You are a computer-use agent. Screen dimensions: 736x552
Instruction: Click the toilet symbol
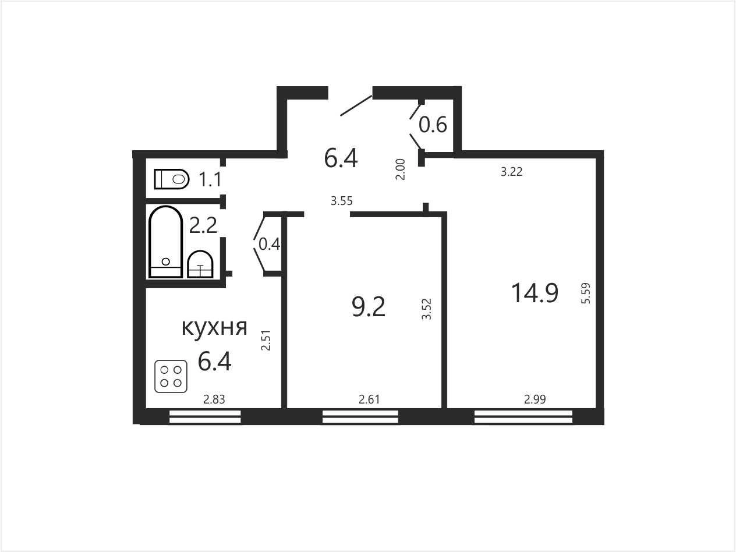click(x=172, y=179)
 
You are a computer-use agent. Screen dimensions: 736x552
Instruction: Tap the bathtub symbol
click(x=165, y=242)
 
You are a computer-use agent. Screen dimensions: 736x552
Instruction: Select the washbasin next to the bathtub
click(x=200, y=264)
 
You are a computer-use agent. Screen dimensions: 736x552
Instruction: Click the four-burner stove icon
click(x=171, y=376)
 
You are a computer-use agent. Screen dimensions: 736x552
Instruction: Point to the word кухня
click(x=215, y=327)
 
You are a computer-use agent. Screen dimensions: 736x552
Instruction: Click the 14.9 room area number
click(x=535, y=293)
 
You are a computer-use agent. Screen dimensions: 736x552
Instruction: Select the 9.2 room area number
click(x=369, y=307)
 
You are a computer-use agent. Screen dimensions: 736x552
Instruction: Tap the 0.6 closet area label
click(x=433, y=125)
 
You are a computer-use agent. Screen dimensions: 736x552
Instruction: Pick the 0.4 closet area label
click(x=269, y=244)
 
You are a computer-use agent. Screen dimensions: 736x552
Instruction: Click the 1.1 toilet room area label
click(x=210, y=179)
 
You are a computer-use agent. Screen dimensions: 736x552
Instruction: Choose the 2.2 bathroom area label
click(x=203, y=225)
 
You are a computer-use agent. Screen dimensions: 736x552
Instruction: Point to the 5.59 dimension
click(x=585, y=293)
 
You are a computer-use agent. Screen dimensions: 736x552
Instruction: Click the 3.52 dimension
click(x=426, y=309)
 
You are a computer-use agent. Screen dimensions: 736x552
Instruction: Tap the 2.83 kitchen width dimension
click(x=214, y=399)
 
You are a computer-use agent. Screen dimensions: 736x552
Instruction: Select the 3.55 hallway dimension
click(x=342, y=201)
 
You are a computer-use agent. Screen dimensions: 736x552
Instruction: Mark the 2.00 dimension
click(x=401, y=169)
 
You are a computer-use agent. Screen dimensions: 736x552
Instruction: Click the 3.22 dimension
click(x=511, y=172)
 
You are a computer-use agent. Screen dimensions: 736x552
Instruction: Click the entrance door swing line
click(x=356, y=105)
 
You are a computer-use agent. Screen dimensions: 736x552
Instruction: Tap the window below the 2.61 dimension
click(x=360, y=416)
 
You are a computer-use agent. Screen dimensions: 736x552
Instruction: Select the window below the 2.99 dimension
click(x=523, y=416)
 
